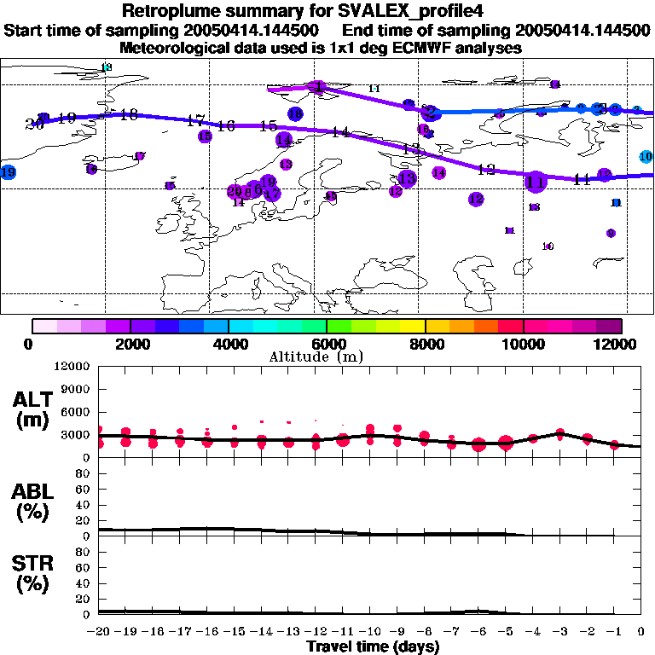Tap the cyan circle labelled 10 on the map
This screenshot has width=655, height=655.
(x=646, y=156)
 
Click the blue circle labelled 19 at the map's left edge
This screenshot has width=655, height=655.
(x=9, y=172)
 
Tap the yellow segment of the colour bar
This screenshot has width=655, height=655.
(x=413, y=326)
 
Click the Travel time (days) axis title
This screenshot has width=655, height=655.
(x=373, y=646)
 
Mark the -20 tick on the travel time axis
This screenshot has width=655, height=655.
(x=100, y=632)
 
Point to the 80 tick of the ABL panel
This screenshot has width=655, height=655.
(x=84, y=475)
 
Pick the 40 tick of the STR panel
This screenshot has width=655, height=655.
(x=84, y=583)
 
